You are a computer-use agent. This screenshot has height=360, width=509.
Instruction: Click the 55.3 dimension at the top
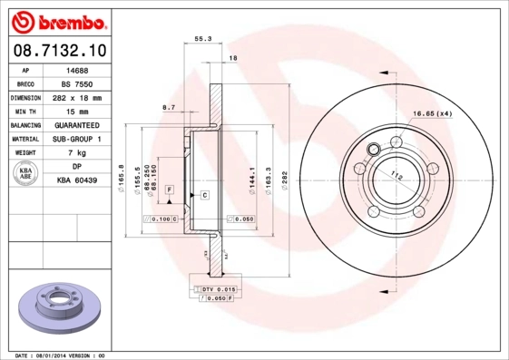203,38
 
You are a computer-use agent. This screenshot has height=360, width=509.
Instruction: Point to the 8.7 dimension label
169,107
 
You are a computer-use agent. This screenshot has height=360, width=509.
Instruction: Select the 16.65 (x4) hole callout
432,113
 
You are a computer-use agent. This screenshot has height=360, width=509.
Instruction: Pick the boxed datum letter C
205,195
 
